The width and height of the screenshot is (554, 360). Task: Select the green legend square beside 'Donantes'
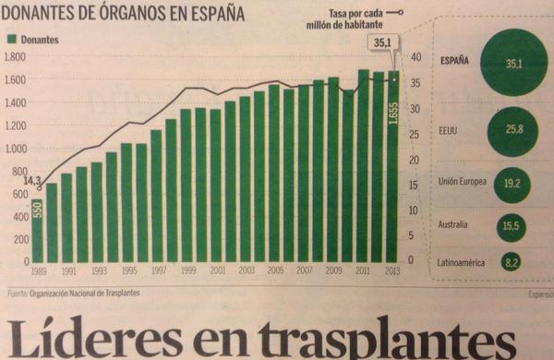[x=12, y=41]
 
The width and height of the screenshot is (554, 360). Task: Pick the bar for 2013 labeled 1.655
[x=393, y=166]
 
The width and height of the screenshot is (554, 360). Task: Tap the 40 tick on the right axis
[x=415, y=57]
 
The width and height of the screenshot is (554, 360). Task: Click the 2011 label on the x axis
[x=363, y=272]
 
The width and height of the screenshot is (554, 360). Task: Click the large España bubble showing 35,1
[x=507, y=64]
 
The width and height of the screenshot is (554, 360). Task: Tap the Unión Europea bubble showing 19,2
[x=511, y=184]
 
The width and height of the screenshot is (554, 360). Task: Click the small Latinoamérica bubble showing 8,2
[x=510, y=263]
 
